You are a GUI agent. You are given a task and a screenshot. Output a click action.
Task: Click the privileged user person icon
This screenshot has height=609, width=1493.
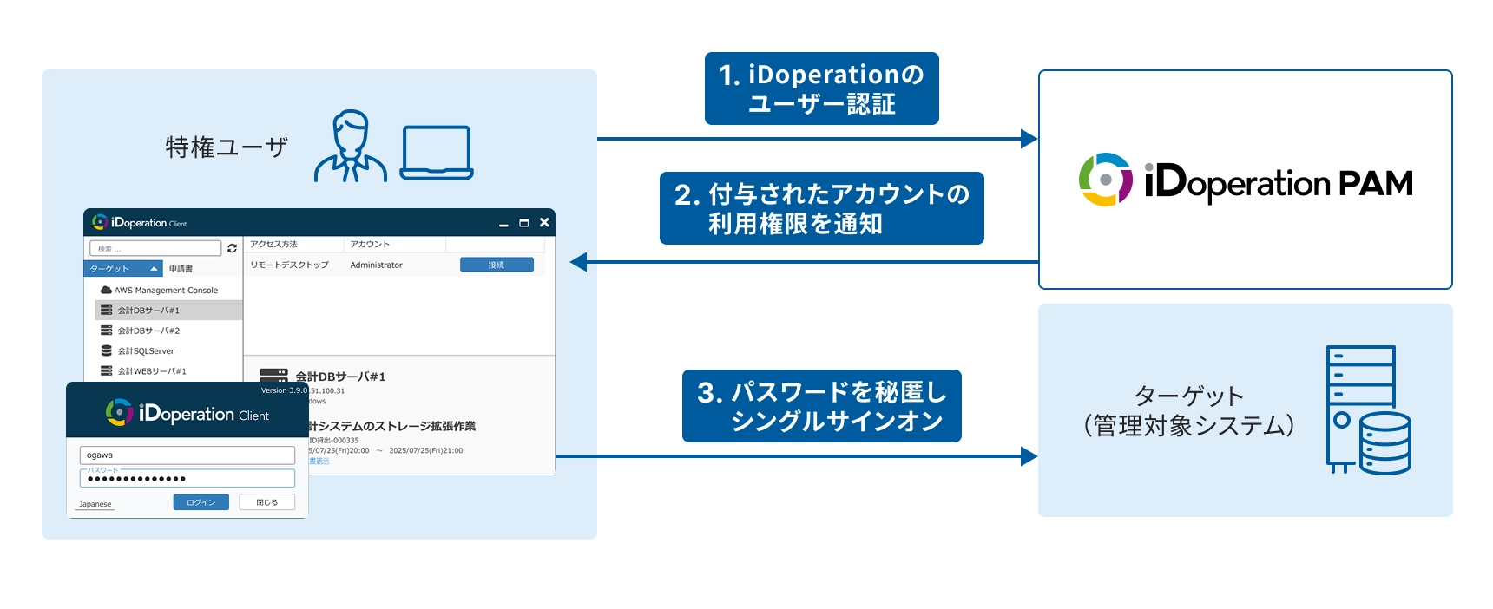click(350, 146)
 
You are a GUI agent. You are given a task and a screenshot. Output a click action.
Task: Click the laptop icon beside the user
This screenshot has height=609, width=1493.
click(437, 152)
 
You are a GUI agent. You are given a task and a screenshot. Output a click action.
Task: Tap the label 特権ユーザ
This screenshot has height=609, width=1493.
click(227, 147)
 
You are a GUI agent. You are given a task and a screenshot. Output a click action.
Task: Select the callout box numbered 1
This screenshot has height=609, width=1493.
click(821, 88)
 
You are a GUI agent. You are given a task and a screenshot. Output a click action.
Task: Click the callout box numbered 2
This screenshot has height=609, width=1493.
click(821, 208)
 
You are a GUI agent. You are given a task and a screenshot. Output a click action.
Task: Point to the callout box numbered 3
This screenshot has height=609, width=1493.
click(821, 406)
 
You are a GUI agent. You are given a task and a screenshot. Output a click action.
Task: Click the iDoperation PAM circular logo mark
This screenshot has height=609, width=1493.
click(1105, 180)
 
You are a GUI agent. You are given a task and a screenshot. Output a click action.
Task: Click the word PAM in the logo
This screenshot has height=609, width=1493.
click(1375, 183)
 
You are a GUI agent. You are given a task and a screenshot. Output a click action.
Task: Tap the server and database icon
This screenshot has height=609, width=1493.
click(1367, 409)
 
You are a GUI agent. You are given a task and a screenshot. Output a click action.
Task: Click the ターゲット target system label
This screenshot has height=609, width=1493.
click(1188, 410)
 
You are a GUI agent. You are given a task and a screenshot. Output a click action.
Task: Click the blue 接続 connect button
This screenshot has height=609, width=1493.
click(497, 265)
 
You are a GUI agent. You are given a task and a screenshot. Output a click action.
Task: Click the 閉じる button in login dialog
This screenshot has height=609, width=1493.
click(266, 502)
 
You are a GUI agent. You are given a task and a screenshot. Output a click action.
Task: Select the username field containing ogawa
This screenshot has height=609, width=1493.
click(187, 455)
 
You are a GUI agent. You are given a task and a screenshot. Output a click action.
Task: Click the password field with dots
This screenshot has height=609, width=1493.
click(187, 479)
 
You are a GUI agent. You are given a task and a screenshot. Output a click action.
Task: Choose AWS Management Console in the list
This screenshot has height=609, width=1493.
click(165, 291)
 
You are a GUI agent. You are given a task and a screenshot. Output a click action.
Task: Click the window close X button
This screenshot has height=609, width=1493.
click(544, 223)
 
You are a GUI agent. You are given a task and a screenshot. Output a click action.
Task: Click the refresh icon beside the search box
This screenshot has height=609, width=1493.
click(232, 248)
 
